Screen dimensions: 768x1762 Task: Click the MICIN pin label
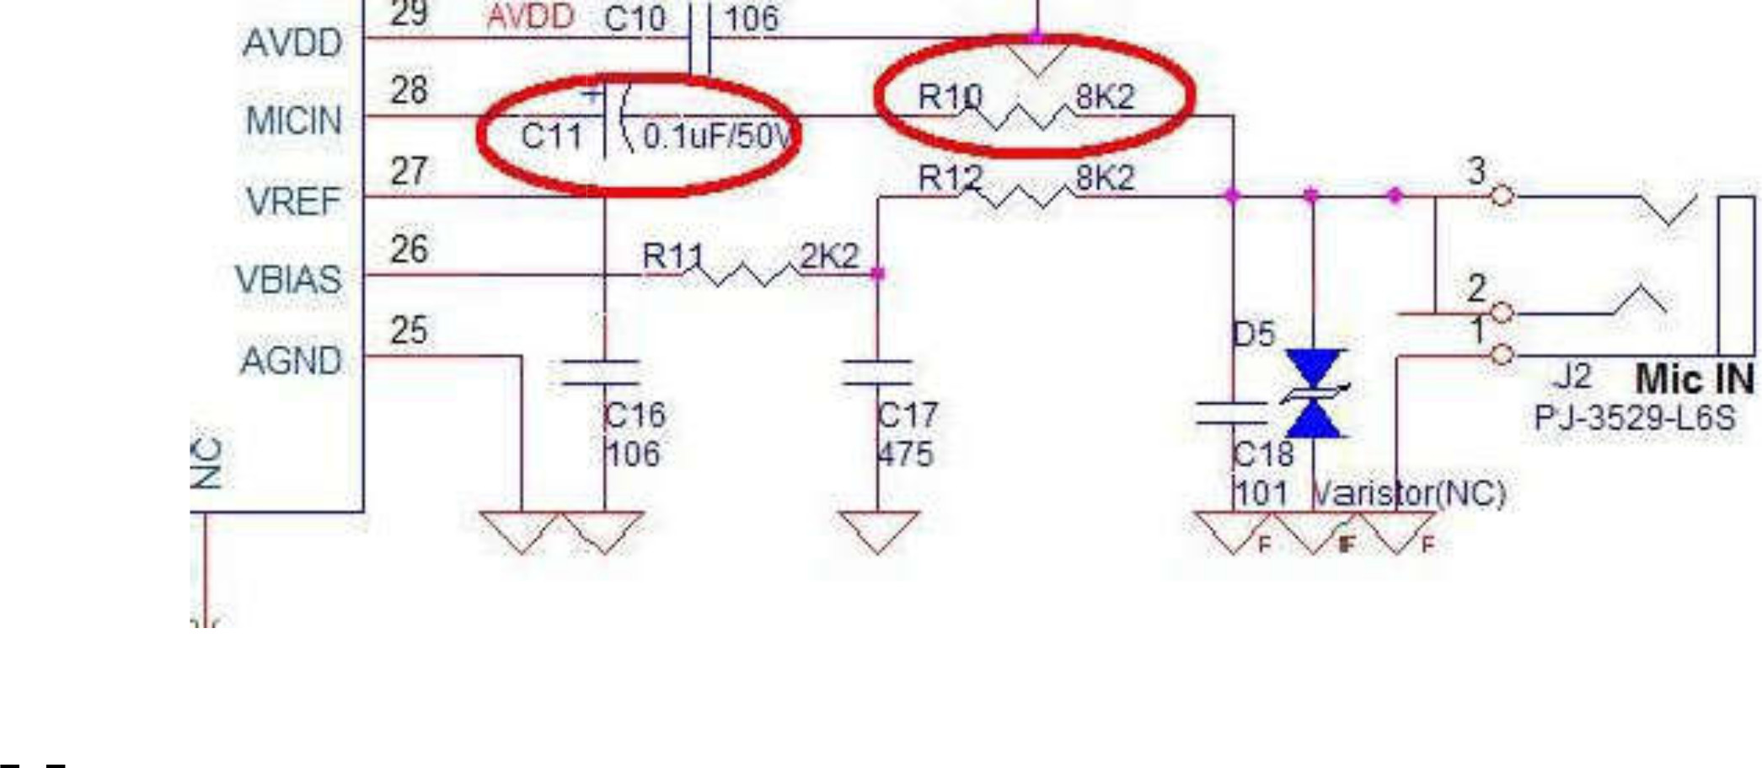pos(293,121)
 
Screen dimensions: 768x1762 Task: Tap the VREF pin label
pos(293,201)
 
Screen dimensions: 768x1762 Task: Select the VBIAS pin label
pos(288,280)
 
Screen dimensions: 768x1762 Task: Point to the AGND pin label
pos(291,361)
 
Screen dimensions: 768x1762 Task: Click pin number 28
pos(409,90)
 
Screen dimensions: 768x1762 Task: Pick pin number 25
pos(409,330)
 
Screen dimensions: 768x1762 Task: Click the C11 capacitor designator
pos(551,136)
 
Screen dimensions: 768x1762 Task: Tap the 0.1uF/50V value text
pos(717,136)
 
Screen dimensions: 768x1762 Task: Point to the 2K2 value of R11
pos(829,256)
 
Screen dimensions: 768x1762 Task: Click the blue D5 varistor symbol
pos(1313,394)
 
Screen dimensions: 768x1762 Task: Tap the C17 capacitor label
pos(907,415)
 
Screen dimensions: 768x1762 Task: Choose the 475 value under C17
pos(905,454)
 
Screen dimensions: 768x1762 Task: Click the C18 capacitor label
pos(1262,454)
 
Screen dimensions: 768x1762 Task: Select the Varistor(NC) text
pos(1409,493)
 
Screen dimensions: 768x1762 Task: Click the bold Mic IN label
pos(1695,379)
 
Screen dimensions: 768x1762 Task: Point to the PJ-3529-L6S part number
pos(1635,418)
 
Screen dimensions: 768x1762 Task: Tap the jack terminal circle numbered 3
pos(1502,196)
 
